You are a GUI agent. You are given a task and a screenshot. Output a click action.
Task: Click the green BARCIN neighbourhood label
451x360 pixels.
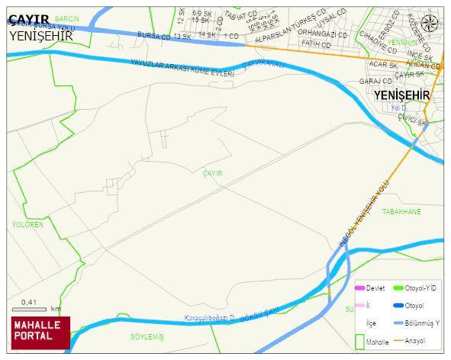pos(67,18)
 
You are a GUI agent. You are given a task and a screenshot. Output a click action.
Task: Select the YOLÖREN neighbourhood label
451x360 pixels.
pos(27,225)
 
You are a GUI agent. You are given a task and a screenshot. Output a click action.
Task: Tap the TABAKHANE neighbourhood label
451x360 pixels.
pos(401,211)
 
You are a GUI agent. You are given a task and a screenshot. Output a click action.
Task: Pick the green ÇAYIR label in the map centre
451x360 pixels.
pos(212,174)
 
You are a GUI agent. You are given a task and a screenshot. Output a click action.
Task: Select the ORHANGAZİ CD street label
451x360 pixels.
pos(322,34)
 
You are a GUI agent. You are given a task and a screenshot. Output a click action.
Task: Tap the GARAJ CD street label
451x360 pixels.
pos(375,81)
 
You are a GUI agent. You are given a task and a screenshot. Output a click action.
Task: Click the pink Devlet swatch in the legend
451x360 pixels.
pos(360,288)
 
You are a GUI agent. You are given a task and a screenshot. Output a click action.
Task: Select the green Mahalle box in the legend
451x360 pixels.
pos(361,342)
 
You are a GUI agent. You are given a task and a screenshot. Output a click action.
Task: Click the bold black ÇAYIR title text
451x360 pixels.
pos(28,20)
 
